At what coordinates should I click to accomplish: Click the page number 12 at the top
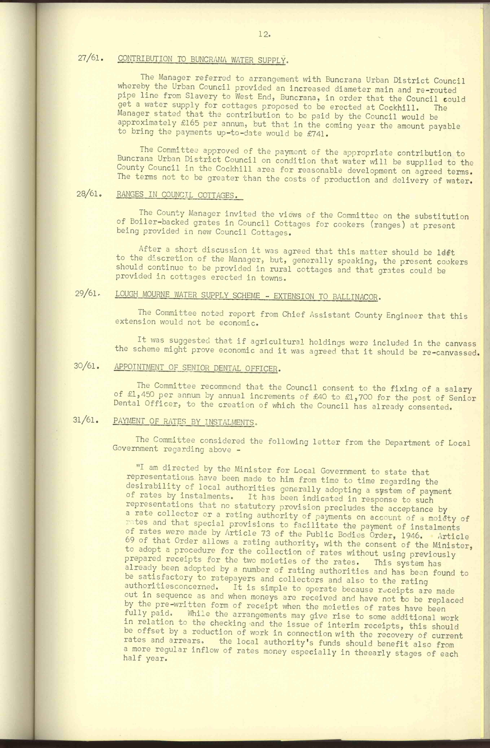(x=263, y=35)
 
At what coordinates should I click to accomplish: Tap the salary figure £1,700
(x=359, y=397)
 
